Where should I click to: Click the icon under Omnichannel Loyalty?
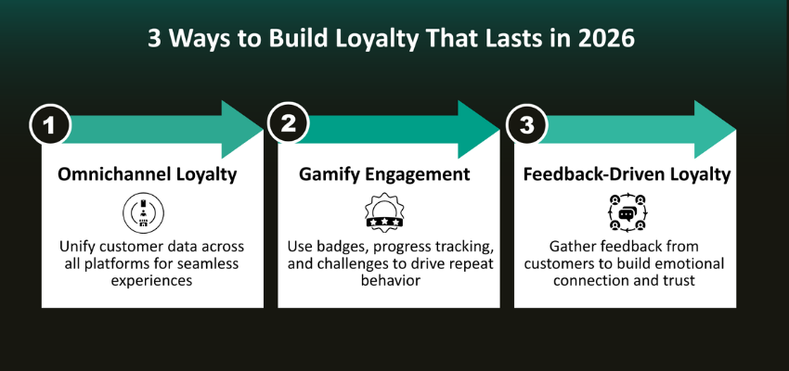click(143, 214)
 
